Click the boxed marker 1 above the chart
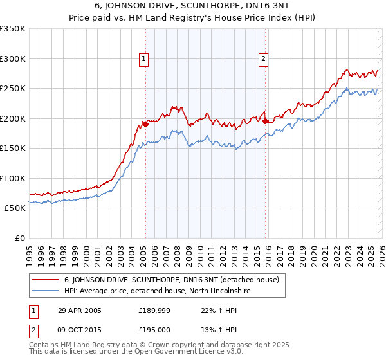coord(143,59)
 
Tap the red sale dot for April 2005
coord(145,125)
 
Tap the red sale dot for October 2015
coord(265,120)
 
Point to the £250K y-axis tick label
coord(13,89)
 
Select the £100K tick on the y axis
coord(13,178)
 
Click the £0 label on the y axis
coord(19,238)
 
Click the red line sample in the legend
coord(45,280)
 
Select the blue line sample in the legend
coord(45,291)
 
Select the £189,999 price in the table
coord(154,310)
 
